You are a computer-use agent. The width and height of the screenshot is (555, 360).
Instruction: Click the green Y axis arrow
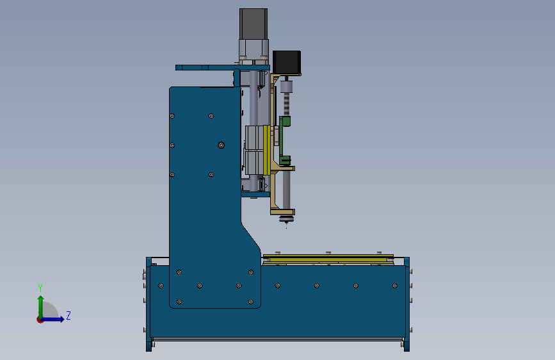pos(41,307)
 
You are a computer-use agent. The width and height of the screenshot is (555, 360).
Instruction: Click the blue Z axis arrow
pos(52,319)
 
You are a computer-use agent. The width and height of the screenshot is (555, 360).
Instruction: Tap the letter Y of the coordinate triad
pos(40,288)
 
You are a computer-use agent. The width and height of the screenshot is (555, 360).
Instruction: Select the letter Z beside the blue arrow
pos(68,315)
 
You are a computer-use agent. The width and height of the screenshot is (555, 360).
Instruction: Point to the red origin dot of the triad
pos(40,320)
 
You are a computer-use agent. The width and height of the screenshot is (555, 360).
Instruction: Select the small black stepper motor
pos(287,62)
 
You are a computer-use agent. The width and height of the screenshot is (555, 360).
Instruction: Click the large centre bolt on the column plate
pos(221,145)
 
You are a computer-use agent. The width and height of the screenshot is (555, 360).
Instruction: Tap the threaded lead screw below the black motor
pos(286,104)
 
